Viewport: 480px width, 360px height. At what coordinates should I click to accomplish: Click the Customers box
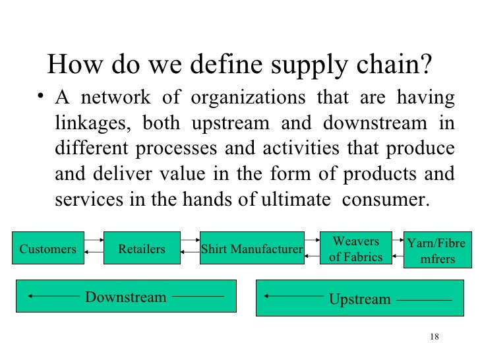pos(48,249)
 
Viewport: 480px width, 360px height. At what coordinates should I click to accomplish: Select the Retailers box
pos(141,249)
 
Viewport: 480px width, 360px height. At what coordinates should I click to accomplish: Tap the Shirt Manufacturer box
pos(251,249)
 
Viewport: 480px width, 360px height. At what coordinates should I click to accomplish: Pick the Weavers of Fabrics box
pos(355,249)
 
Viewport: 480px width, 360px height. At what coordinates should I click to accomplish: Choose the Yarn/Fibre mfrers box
pos(438,251)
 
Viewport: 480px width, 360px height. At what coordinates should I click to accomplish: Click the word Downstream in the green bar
pos(126,297)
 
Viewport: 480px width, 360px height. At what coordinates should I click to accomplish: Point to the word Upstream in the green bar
pos(360,299)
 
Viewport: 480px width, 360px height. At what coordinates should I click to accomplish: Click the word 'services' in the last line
pos(85,199)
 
